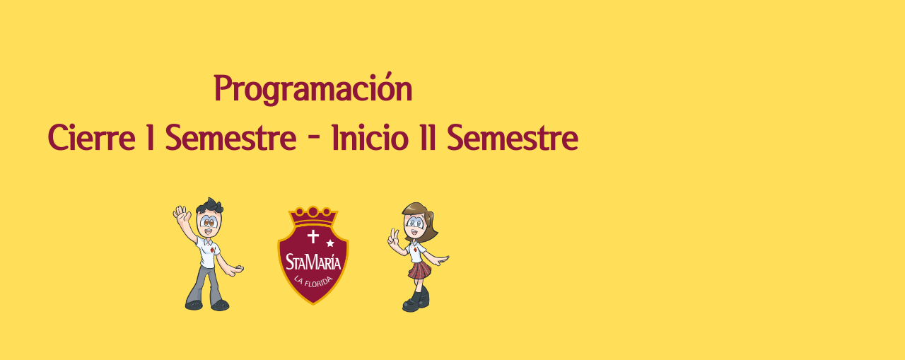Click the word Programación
(313, 89)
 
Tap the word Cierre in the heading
(91, 138)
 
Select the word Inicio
(369, 138)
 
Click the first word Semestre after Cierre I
(230, 138)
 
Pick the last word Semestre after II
(513, 138)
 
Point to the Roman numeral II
(428, 138)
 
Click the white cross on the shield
(313, 236)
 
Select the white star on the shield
(330, 243)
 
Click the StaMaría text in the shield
(313, 262)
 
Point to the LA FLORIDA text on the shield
(313, 281)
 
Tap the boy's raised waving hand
(182, 214)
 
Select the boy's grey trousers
(205, 285)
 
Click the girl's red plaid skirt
(419, 270)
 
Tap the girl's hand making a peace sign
(393, 238)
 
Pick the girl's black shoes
(416, 301)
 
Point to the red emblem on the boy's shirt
(211, 250)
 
